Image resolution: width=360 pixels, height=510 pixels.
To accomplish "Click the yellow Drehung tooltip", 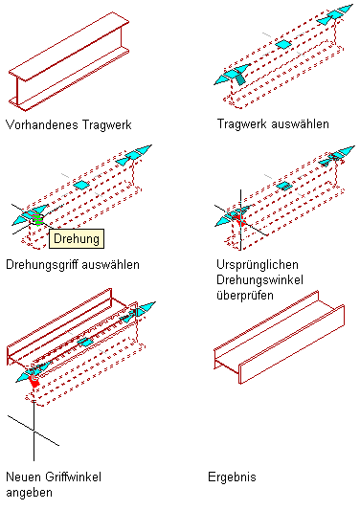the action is tap(77, 239).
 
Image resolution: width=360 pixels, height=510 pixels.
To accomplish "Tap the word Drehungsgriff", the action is tap(42, 265).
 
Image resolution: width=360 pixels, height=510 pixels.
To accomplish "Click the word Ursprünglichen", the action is tap(258, 264).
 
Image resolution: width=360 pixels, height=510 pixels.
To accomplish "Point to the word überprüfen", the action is tap(245, 296).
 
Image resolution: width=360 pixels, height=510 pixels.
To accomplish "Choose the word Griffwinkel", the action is tap(73, 477).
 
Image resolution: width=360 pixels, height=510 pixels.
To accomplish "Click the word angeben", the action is tap(29, 493).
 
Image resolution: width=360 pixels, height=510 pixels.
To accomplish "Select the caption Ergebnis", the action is tap(232, 477).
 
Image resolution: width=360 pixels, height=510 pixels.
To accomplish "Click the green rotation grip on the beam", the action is tap(37, 219).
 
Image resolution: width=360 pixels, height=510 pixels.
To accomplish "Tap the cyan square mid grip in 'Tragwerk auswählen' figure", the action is tap(283, 44).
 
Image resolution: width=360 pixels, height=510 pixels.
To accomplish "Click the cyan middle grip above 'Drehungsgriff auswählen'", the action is tap(81, 185).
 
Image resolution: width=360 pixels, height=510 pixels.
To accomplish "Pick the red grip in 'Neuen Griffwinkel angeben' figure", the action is tap(34, 381).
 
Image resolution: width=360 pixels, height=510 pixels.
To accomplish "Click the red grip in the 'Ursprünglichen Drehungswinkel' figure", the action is tap(240, 220).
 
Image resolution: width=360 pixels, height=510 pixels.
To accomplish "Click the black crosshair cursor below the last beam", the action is tap(34, 431).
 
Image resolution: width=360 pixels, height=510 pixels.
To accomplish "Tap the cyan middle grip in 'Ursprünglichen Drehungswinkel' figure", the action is tap(284, 186).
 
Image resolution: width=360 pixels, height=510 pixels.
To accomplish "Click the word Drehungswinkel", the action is tap(259, 280).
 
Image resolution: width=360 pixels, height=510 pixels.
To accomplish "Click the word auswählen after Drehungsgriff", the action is tap(111, 265).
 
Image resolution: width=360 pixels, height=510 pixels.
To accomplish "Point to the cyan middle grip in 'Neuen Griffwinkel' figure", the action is tap(85, 343).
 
